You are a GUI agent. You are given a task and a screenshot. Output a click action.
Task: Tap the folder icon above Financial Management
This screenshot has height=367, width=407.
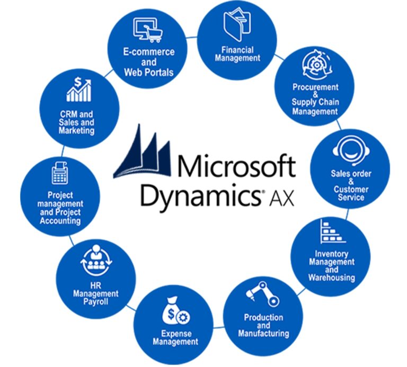237,24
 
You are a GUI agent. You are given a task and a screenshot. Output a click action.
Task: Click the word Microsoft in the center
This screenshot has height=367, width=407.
235,167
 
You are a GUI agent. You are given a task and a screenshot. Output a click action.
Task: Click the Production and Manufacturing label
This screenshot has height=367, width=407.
263,325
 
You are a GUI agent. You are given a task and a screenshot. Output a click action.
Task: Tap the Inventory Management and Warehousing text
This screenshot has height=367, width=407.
331,266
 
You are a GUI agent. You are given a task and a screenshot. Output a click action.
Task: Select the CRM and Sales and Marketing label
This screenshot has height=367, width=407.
77,122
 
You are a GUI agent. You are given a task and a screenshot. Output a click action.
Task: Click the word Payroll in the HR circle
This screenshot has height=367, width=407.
96,302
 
